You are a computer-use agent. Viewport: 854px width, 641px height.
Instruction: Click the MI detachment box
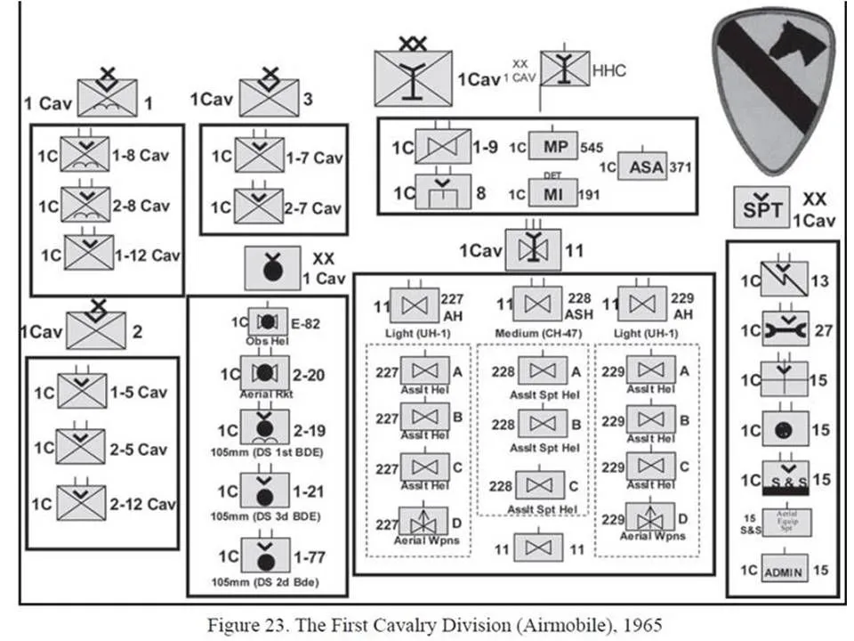tap(552, 193)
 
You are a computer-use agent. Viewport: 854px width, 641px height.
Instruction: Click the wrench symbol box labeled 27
tap(785, 329)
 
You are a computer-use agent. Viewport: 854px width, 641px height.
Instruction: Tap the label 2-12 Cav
tap(145, 504)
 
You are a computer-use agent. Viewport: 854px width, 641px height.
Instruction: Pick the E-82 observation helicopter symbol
tap(267, 322)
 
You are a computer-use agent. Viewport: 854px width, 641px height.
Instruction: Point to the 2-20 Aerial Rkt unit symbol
tap(264, 374)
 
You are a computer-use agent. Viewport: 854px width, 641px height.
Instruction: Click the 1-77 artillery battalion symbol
tap(264, 557)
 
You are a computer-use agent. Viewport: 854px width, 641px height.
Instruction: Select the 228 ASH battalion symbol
tap(536, 304)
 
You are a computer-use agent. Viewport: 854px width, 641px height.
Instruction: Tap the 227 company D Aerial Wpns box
tap(423, 521)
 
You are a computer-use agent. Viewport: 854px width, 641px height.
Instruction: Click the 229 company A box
tap(650, 369)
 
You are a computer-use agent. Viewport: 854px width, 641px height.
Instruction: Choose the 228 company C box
tap(536, 486)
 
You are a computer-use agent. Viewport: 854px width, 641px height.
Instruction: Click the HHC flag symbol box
tap(565, 69)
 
